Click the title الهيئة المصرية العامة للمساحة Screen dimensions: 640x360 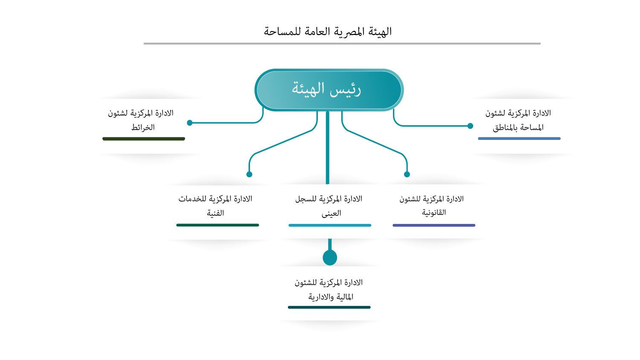click(x=327, y=31)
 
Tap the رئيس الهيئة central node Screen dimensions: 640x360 click(x=329, y=90)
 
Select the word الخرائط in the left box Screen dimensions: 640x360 click(x=143, y=127)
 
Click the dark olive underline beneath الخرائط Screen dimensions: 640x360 click(x=144, y=139)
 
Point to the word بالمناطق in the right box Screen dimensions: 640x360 click(x=506, y=127)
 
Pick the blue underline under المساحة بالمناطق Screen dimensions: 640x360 click(x=519, y=139)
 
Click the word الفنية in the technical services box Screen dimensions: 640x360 click(x=215, y=213)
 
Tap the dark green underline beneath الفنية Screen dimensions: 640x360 click(x=218, y=225)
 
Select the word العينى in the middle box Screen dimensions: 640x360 click(x=331, y=213)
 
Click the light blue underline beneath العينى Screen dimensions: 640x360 click(x=330, y=226)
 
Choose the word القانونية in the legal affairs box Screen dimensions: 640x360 click(x=434, y=212)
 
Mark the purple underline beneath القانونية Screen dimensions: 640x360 click(x=434, y=226)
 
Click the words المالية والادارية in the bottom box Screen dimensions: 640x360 click(x=331, y=297)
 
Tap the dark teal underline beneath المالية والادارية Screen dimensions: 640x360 click(x=329, y=308)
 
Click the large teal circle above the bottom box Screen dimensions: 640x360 click(x=330, y=258)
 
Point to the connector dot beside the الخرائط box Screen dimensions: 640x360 click(x=189, y=123)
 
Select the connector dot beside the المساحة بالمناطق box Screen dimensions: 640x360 click(x=470, y=126)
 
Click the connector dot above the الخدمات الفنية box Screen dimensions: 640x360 click(x=249, y=174)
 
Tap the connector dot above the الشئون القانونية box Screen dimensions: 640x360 click(x=407, y=174)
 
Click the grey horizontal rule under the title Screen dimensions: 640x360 click(x=342, y=44)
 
